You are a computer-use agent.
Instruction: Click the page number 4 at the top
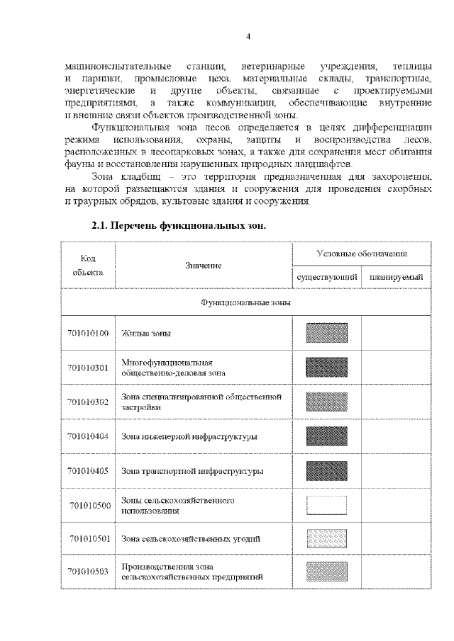tap(248, 36)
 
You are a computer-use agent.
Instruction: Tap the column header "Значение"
tap(204, 265)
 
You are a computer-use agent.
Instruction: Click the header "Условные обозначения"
tap(361, 254)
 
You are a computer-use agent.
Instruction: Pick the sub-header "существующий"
tap(326, 277)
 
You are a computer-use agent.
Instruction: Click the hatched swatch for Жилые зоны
tap(326, 332)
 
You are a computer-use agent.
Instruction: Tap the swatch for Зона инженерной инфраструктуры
tap(326, 436)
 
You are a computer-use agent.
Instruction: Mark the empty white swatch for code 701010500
tap(326, 504)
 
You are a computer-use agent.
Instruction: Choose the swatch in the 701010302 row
tap(326, 401)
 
